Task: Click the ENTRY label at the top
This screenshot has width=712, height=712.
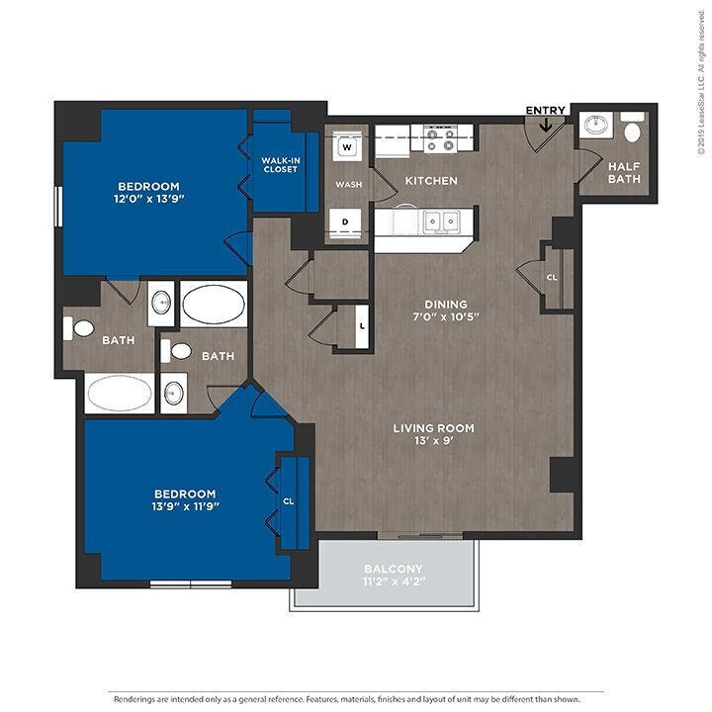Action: point(545,111)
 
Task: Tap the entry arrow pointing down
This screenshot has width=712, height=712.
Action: point(545,125)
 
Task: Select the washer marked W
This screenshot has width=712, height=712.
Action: point(347,146)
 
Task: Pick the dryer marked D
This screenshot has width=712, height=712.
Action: point(345,222)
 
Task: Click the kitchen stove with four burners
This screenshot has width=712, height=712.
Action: point(440,139)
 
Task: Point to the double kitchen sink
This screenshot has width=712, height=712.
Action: point(441,222)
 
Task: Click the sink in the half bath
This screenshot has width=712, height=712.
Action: point(595,125)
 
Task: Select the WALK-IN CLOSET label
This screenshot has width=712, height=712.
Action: point(280,165)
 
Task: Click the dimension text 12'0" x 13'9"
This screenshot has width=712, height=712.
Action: point(149,199)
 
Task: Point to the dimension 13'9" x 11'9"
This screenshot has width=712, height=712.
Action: point(185,506)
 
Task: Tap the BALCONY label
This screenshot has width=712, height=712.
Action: point(394,569)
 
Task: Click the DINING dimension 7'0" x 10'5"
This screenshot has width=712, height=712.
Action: point(446,316)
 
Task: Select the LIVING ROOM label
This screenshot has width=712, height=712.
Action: point(434,428)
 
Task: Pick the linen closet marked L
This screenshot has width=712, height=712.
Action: point(362,326)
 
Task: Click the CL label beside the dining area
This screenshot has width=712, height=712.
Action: point(552,278)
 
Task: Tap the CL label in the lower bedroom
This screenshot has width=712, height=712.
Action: point(289,501)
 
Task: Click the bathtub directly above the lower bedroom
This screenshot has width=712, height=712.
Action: point(120,394)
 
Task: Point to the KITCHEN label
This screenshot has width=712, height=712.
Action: point(431,181)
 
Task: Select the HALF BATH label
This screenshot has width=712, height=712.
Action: point(624,172)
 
